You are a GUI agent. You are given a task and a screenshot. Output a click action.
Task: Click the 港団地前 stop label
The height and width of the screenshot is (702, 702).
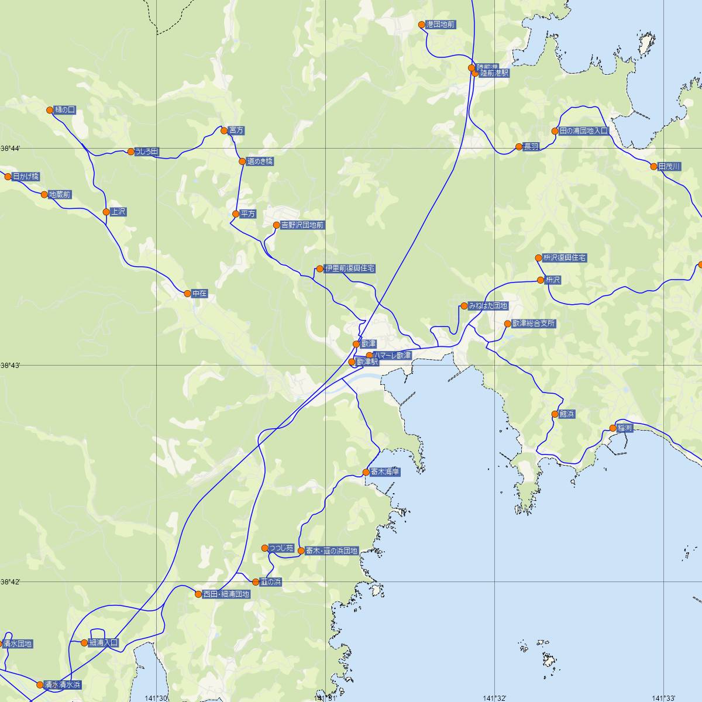441,25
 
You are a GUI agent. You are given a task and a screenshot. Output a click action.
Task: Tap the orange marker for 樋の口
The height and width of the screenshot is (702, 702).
50,110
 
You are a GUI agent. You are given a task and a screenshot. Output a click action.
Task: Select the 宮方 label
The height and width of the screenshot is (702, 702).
236,130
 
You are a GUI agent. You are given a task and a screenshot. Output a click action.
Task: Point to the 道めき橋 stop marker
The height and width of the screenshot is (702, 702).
242,161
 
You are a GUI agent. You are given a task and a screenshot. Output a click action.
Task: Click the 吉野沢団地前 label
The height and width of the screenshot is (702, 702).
302,225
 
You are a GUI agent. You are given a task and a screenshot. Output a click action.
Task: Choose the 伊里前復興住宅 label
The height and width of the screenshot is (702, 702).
350,269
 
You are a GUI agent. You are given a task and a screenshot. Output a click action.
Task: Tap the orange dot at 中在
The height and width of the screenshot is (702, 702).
187,294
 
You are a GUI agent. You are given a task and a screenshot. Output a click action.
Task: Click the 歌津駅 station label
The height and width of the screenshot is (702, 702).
367,363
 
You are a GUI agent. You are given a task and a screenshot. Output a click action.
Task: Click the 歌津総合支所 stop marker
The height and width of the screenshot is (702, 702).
508,324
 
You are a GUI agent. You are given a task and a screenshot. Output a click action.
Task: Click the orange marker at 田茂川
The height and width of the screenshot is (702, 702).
654,167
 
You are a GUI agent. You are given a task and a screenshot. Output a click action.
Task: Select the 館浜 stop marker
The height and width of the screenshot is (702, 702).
555,414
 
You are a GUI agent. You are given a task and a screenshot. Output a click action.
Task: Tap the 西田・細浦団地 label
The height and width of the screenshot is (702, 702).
226,594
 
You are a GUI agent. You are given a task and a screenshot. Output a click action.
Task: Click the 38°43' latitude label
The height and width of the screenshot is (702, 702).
11,366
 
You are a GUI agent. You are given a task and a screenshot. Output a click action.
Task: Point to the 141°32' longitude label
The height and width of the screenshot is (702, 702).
495,698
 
